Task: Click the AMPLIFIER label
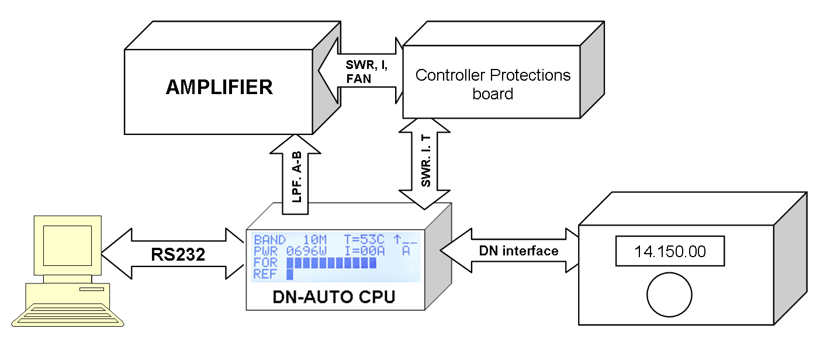[219, 87]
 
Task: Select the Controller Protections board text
[493, 84]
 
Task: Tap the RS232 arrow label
[178, 254]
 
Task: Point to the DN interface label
[519, 251]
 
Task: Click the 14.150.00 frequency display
[670, 252]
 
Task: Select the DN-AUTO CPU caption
[334, 297]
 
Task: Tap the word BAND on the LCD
[269, 240]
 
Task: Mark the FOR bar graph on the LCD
[330, 262]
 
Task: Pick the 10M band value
[317, 240]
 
